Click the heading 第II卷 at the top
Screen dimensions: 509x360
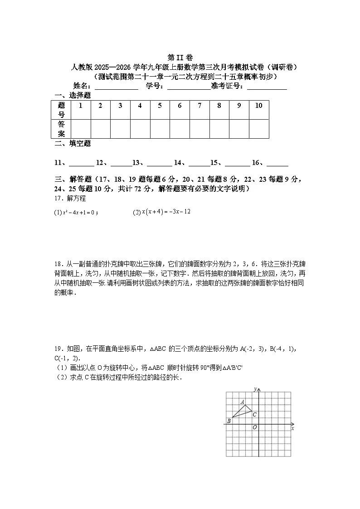(x=180, y=58)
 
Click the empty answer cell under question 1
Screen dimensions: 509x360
(x=81, y=129)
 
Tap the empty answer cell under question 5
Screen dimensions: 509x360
(x=160, y=129)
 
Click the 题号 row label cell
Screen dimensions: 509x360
(x=61, y=110)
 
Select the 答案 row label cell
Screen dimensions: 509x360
(x=61, y=129)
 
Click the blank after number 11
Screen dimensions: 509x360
(x=82, y=164)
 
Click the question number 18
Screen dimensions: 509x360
(x=58, y=264)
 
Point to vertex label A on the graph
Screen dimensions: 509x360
(x=243, y=402)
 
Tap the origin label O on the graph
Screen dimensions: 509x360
(x=254, y=427)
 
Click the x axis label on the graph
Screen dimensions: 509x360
(x=292, y=428)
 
